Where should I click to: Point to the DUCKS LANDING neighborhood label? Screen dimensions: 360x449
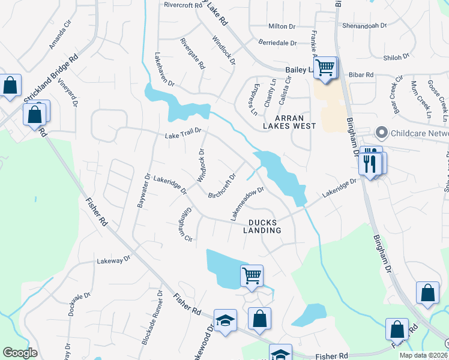(262, 226)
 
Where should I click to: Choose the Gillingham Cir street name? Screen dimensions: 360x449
(184, 226)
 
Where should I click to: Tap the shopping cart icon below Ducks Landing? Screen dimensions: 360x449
(252, 276)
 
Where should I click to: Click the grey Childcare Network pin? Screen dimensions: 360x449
(381, 133)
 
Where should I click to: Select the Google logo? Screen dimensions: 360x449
(20, 353)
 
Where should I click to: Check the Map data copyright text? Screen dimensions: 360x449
(423, 355)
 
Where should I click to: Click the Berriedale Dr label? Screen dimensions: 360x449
(277, 43)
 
